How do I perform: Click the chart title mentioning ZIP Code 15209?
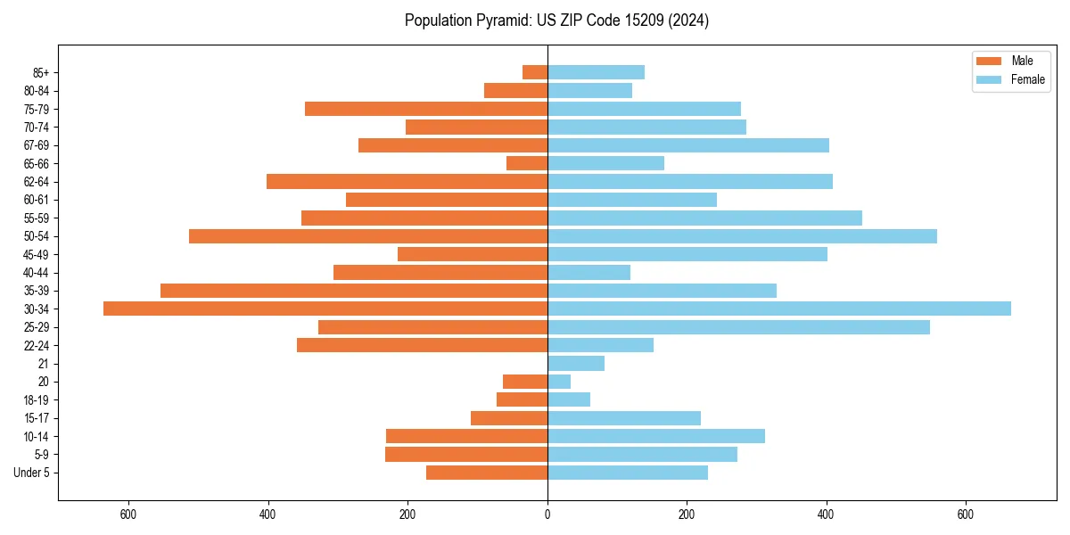(556, 21)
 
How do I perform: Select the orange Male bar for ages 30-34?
(325, 309)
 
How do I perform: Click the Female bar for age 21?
(576, 364)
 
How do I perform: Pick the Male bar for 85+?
(535, 72)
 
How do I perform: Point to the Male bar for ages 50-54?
(368, 236)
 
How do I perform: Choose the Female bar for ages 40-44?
(588, 273)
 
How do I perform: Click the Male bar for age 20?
(525, 382)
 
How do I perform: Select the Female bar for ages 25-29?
(738, 327)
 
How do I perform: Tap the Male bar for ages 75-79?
(426, 109)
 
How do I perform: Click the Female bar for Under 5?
(628, 473)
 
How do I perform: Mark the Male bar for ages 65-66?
(527, 163)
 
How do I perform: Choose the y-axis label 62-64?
(37, 182)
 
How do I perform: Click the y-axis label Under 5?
(32, 473)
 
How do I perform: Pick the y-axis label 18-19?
(37, 400)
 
